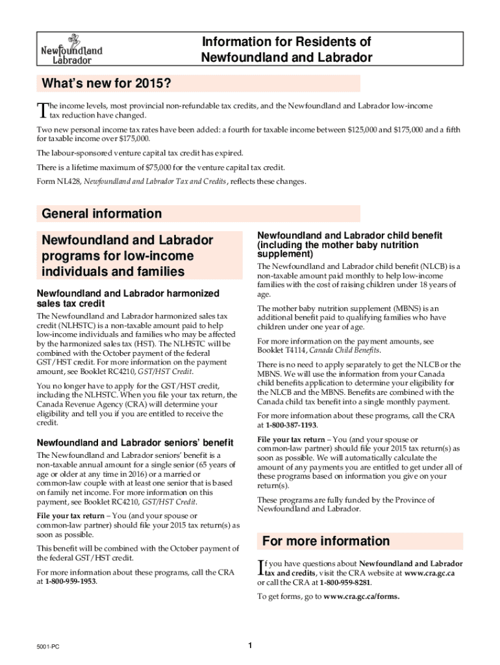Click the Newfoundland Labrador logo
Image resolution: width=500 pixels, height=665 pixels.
coord(71,47)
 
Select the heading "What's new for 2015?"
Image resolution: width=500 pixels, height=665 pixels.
coord(106,84)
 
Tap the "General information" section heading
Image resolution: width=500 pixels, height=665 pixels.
coord(101,214)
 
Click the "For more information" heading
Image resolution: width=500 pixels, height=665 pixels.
coord(325,541)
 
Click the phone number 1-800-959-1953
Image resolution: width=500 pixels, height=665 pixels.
coord(70,581)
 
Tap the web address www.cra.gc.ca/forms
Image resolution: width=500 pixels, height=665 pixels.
coord(362,596)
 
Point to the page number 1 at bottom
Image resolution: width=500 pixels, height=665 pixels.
coord(250,645)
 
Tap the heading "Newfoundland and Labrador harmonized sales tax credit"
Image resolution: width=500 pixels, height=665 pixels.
coord(128,298)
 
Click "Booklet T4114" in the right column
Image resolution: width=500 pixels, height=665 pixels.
coord(281,351)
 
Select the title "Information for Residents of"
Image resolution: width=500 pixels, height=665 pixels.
coord(286,42)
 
